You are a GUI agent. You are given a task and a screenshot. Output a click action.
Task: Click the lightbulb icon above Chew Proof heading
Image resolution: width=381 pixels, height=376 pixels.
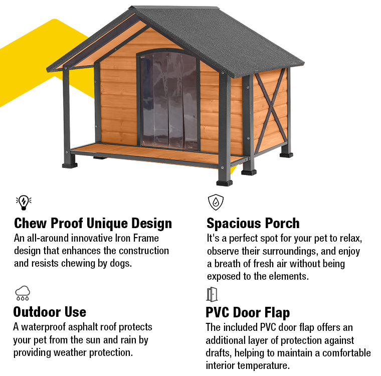pos(24,202)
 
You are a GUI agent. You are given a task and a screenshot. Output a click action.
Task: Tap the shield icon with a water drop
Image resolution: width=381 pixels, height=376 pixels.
pos(216,202)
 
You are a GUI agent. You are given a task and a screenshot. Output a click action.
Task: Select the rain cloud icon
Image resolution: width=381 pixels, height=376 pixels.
pos(23,293)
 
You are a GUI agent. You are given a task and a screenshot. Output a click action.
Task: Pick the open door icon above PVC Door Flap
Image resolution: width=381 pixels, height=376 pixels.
pos(212,294)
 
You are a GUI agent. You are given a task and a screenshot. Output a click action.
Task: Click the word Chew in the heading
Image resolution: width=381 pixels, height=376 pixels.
pos(31,223)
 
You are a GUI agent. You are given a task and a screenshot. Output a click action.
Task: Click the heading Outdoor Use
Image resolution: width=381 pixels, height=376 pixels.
pos(50,312)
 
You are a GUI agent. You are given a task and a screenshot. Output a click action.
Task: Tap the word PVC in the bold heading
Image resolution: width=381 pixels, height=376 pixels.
pos(217,312)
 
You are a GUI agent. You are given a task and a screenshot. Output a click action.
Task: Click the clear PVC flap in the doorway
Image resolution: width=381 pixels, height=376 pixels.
pos(169,100)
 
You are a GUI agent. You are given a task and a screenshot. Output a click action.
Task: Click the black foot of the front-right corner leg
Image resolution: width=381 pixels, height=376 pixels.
pos(224,183)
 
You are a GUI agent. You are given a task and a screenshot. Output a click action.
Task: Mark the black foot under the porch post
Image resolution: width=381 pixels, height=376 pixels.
pos(70,165)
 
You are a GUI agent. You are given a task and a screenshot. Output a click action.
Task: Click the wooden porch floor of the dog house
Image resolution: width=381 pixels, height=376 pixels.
pos(155,153)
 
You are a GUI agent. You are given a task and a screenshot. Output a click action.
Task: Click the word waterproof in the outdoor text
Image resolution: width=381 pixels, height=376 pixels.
pos(43,327)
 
